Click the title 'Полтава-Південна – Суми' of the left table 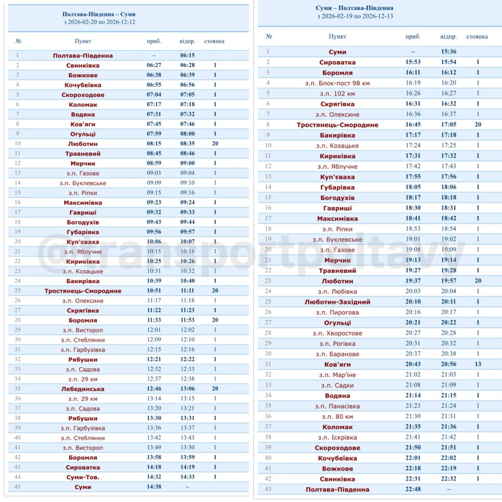point(99,14)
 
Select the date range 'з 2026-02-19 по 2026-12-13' point(355,16)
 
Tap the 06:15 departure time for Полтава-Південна point(187,55)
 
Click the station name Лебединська point(83,389)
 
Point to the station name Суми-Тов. point(83,477)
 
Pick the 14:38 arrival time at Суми point(154,487)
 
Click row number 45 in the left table point(17,487)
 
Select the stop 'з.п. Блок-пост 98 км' point(337,83)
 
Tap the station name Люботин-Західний point(337,302)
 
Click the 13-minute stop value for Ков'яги point(478,364)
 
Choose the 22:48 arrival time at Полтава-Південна point(413,489)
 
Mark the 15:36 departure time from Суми point(449,51)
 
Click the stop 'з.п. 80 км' point(337,417)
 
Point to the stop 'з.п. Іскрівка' point(337,437)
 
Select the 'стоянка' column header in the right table point(477,36)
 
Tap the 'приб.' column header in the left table point(154,41)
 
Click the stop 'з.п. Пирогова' point(337,313)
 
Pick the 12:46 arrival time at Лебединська point(154,389)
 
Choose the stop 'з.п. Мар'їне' point(337,375)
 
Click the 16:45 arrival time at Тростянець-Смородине point(413,124)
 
